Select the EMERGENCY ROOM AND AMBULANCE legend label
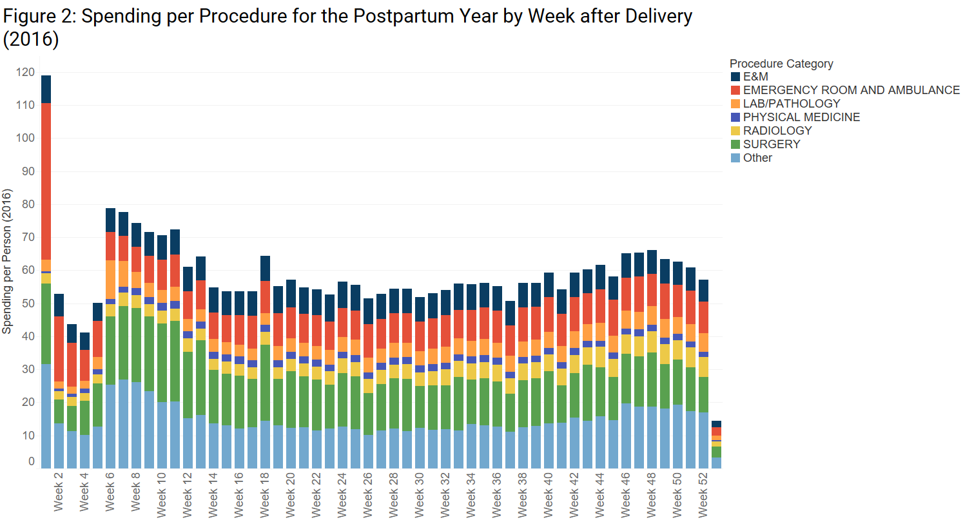851,90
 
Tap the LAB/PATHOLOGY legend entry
792,104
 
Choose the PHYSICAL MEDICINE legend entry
801,117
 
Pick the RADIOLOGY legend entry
777,131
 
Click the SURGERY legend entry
771,144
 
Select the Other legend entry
757,158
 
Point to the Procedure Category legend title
781,64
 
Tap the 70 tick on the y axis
27,238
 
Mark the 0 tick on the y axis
31,461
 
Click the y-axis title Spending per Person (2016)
7,262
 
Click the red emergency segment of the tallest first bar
46,180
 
